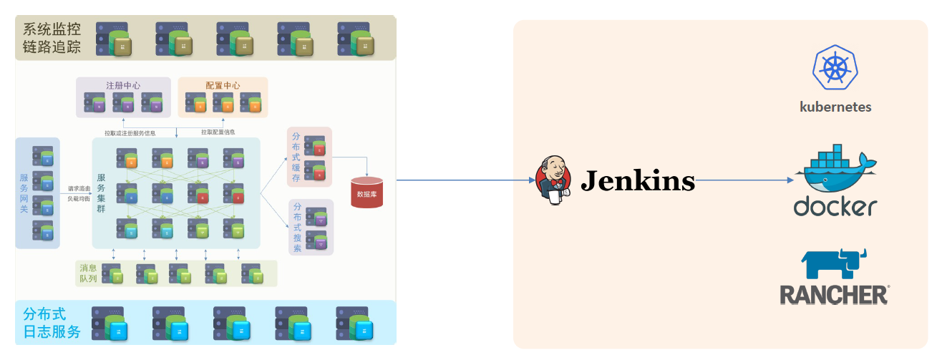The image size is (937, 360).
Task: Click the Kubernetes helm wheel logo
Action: click(x=835, y=67)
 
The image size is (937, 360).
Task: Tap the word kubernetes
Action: click(x=835, y=107)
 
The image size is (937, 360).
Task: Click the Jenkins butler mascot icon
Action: click(x=552, y=180)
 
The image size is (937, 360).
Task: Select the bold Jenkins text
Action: click(x=637, y=181)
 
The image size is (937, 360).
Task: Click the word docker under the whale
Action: click(x=835, y=205)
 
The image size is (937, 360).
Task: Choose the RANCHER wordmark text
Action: click(x=834, y=294)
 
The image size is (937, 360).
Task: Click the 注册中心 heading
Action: click(x=123, y=85)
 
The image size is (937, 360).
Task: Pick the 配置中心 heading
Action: click(x=223, y=85)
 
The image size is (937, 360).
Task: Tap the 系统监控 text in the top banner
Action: click(x=52, y=29)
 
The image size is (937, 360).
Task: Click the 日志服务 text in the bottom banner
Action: click(x=52, y=332)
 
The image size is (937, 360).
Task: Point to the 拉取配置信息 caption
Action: click(x=218, y=132)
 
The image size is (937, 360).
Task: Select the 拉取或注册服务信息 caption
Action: click(x=130, y=132)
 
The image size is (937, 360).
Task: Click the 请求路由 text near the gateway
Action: click(x=79, y=189)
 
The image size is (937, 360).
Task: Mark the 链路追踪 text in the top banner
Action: click(x=52, y=48)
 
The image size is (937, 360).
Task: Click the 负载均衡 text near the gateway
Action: click(x=79, y=199)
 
